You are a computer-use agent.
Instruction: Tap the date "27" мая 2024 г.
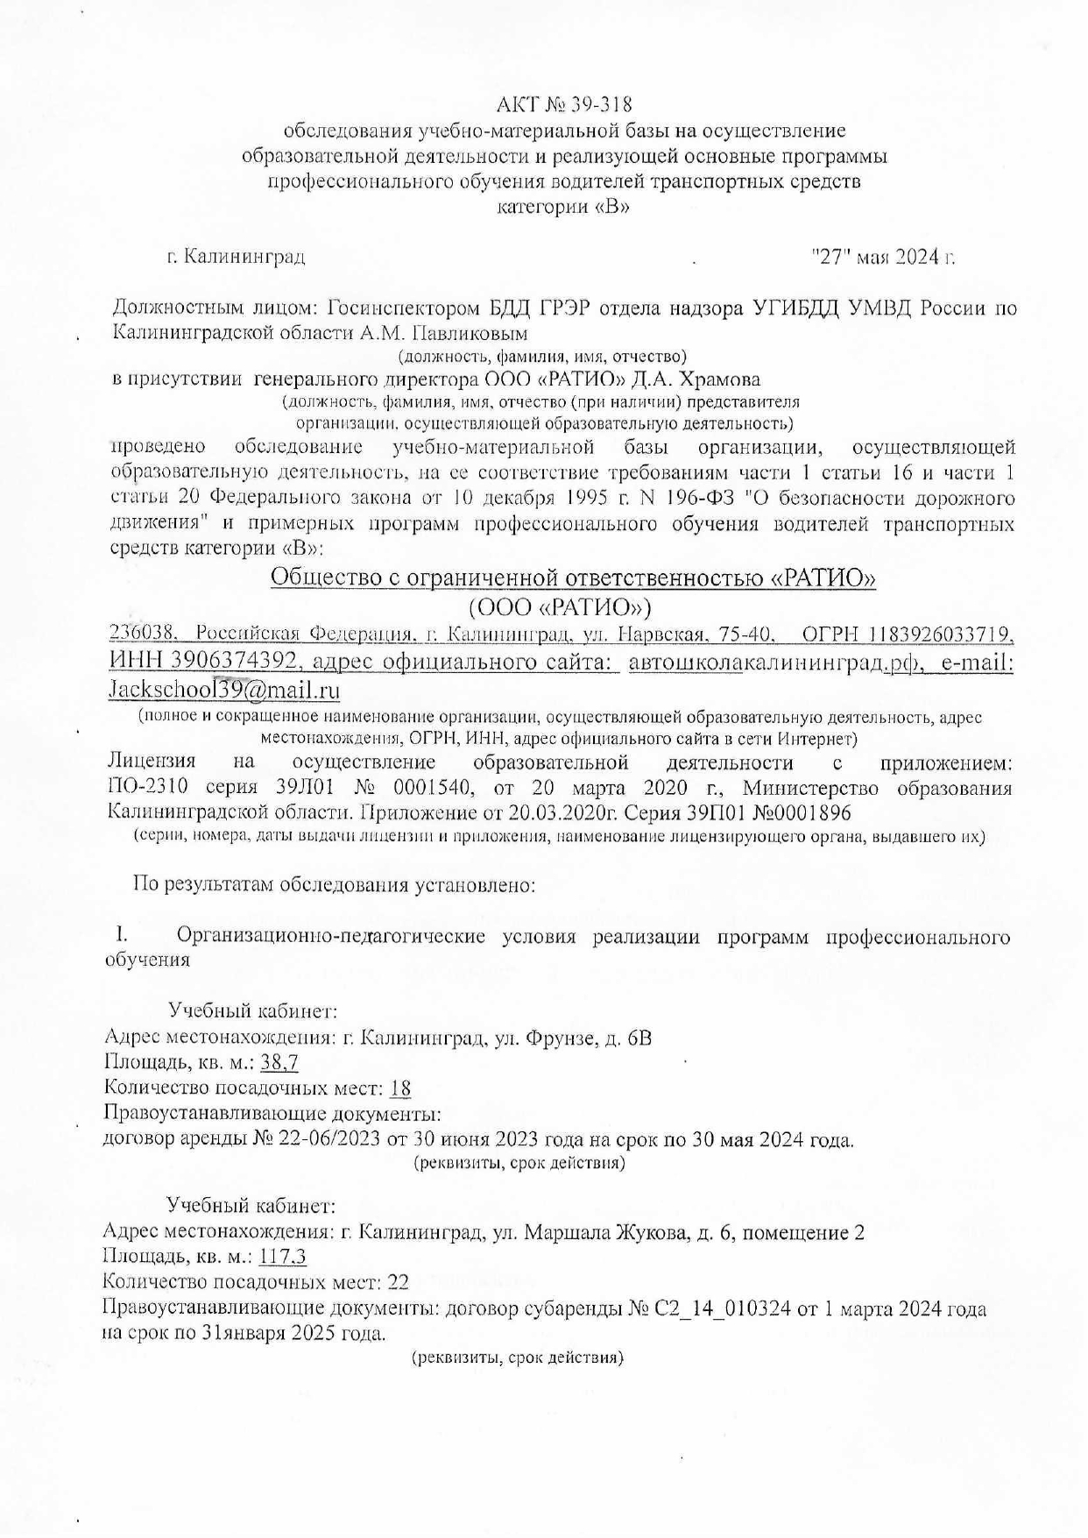883,257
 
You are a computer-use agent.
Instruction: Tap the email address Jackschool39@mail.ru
223,690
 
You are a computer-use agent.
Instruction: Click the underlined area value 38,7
279,1063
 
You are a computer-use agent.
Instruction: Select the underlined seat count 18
400,1088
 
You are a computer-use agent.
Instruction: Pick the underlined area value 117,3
282,1258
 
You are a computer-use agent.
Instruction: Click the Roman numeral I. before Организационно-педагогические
123,936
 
